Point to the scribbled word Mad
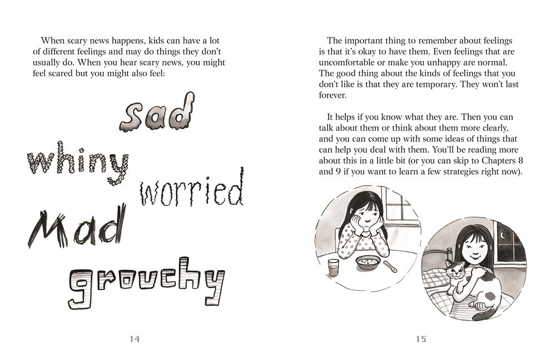[75, 229]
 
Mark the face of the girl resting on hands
[364, 213]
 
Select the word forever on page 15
[333, 95]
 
